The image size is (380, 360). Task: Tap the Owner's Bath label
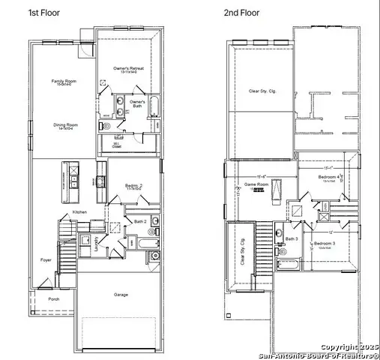point(137,102)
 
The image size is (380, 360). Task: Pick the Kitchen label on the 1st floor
point(79,212)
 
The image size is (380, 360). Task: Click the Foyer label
point(46,260)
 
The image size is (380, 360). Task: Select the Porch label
point(53,298)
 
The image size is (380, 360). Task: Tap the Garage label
point(121,294)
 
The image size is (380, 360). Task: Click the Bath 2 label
point(140,221)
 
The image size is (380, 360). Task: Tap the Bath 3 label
point(292,239)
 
